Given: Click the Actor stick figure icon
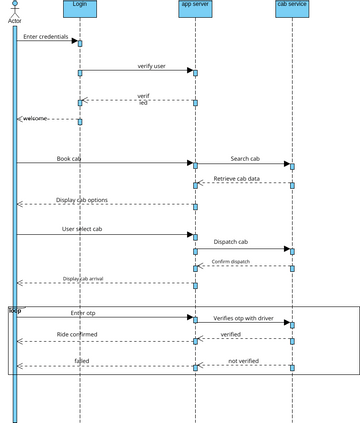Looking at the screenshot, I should pyautogui.click(x=14, y=8).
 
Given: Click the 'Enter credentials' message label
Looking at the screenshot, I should pyautogui.click(x=46, y=37).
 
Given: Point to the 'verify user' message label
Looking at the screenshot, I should pyautogui.click(x=152, y=66).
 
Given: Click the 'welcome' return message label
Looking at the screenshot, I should pyautogui.click(x=36, y=117).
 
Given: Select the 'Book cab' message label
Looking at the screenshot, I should pyautogui.click(x=69, y=158).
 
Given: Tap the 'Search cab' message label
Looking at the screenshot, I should pyautogui.click(x=245, y=158).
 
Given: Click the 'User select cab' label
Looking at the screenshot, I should pyautogui.click(x=83, y=229).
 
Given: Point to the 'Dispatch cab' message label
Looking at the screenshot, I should pyautogui.click(x=230, y=241).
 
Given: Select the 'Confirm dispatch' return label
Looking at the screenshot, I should pyautogui.click(x=231, y=262).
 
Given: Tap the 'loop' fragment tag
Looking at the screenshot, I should pyautogui.click(x=15, y=310).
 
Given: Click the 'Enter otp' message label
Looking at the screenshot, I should pyautogui.click(x=84, y=313).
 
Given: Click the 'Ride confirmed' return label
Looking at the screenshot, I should pyautogui.click(x=76, y=334).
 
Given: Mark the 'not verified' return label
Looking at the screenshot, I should pyautogui.click(x=244, y=360).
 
